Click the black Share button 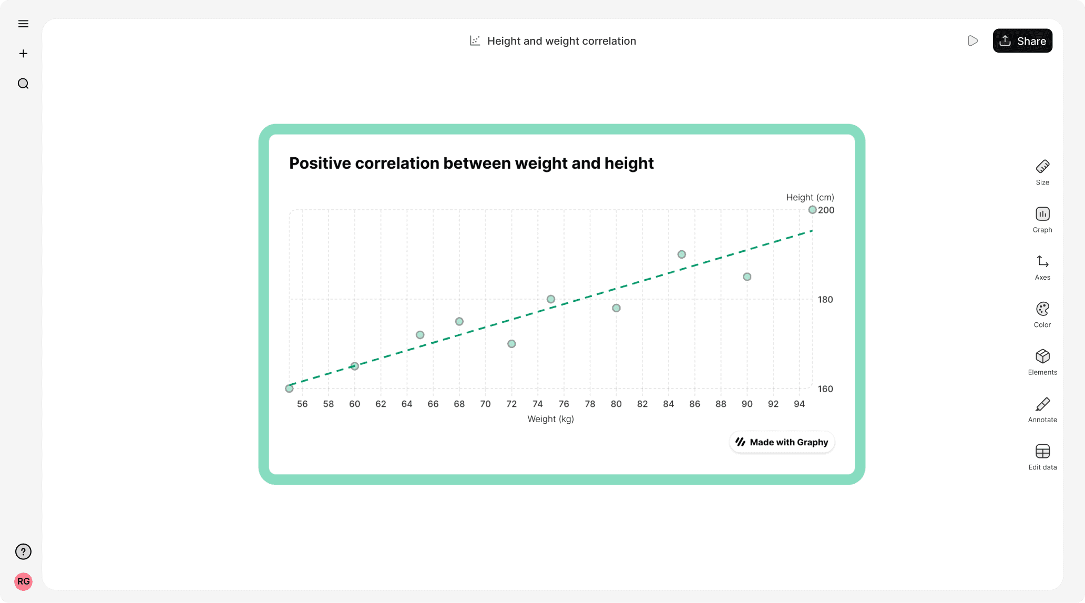click(1022, 41)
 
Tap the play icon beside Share click(973, 41)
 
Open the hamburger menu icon click(23, 24)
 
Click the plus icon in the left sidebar click(23, 54)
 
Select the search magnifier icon click(23, 84)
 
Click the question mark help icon click(23, 551)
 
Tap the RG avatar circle click(23, 581)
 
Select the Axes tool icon click(1042, 267)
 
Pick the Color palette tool click(1042, 314)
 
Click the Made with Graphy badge click(782, 442)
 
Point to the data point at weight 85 click(681, 254)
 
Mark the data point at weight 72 click(511, 344)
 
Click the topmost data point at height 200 click(812, 210)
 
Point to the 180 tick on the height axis click(825, 300)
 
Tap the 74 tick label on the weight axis click(537, 404)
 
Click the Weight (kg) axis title click(550, 419)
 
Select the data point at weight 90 click(747, 277)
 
